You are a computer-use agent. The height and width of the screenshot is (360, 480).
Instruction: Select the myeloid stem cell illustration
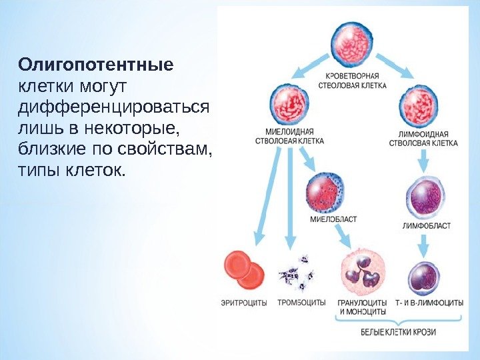(x=289, y=103)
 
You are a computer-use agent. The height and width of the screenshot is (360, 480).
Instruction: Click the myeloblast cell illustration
(x=324, y=191)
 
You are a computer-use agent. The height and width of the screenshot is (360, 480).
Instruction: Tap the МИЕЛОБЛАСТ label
(x=333, y=219)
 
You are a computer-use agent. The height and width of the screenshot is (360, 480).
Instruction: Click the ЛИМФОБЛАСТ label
(x=426, y=225)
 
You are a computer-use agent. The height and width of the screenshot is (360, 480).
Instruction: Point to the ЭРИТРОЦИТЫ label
(x=244, y=303)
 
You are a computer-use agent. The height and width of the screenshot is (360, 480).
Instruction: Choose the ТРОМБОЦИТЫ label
(x=301, y=303)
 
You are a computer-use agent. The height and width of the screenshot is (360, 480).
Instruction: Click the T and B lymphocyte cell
(x=424, y=277)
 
